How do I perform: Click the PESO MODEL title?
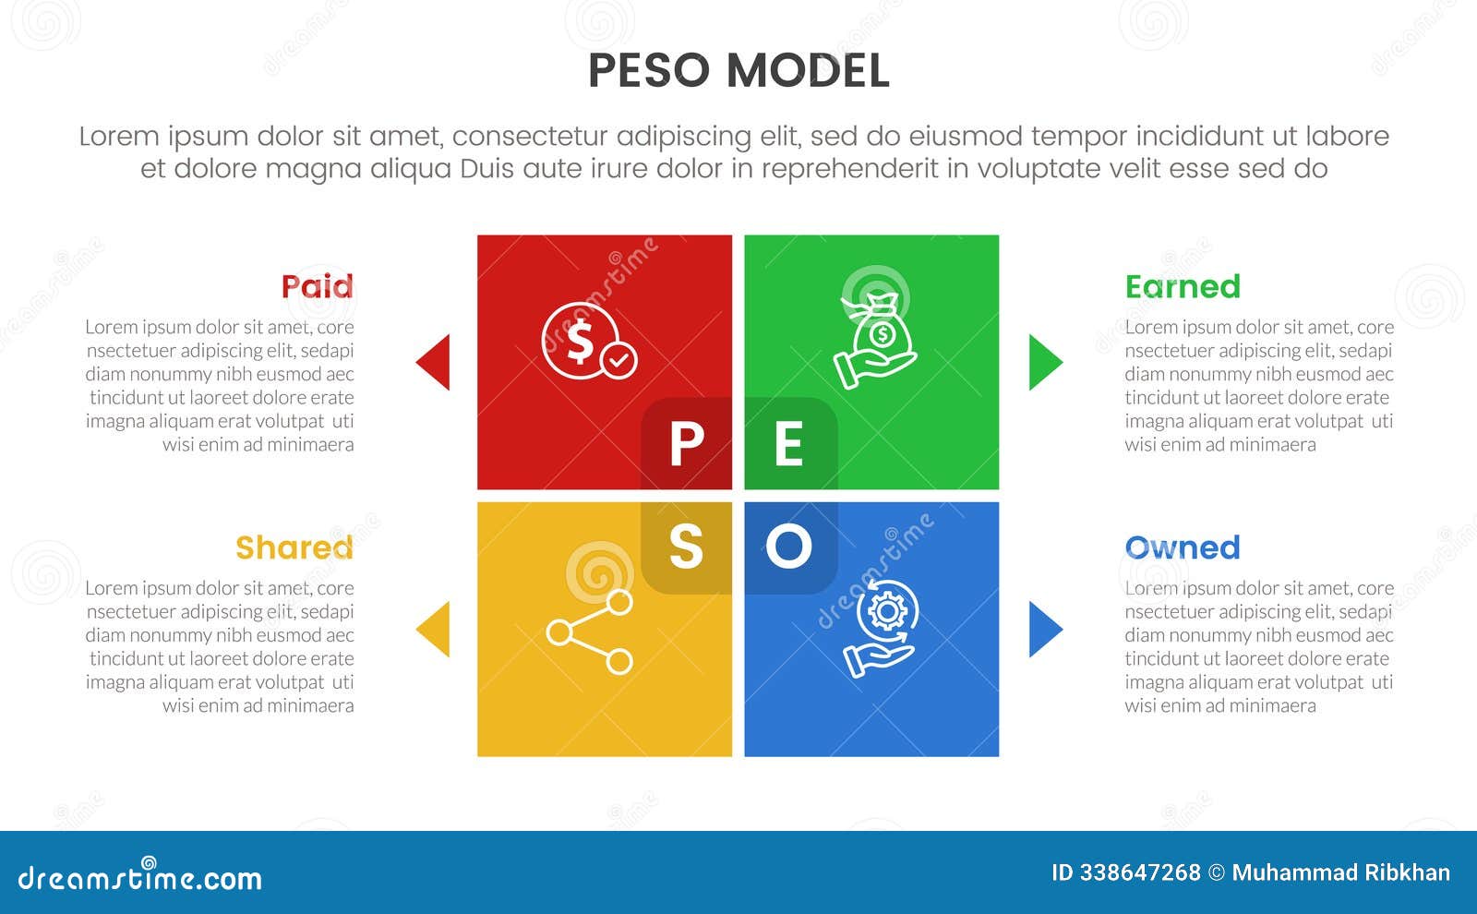pyautogui.click(x=738, y=71)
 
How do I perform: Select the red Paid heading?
pyautogui.click(x=317, y=286)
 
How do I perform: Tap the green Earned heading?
pyautogui.click(x=1183, y=287)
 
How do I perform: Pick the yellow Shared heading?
pyautogui.click(x=294, y=547)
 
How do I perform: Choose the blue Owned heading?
pyautogui.click(x=1183, y=547)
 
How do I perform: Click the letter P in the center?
pyautogui.click(x=687, y=445)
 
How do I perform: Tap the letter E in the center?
pyautogui.click(x=788, y=445)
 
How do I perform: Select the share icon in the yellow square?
pyautogui.click(x=590, y=632)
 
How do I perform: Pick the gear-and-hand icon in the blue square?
pyautogui.click(x=881, y=627)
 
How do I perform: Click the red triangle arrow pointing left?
pyautogui.click(x=434, y=362)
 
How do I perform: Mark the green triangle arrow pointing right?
pyautogui.click(x=1045, y=362)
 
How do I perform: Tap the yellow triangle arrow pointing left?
pyautogui.click(x=434, y=629)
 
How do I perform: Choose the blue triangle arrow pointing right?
pyautogui.click(x=1045, y=629)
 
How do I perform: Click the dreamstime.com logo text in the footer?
pyautogui.click(x=140, y=877)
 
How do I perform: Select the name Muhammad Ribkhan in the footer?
pyautogui.click(x=1340, y=872)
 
